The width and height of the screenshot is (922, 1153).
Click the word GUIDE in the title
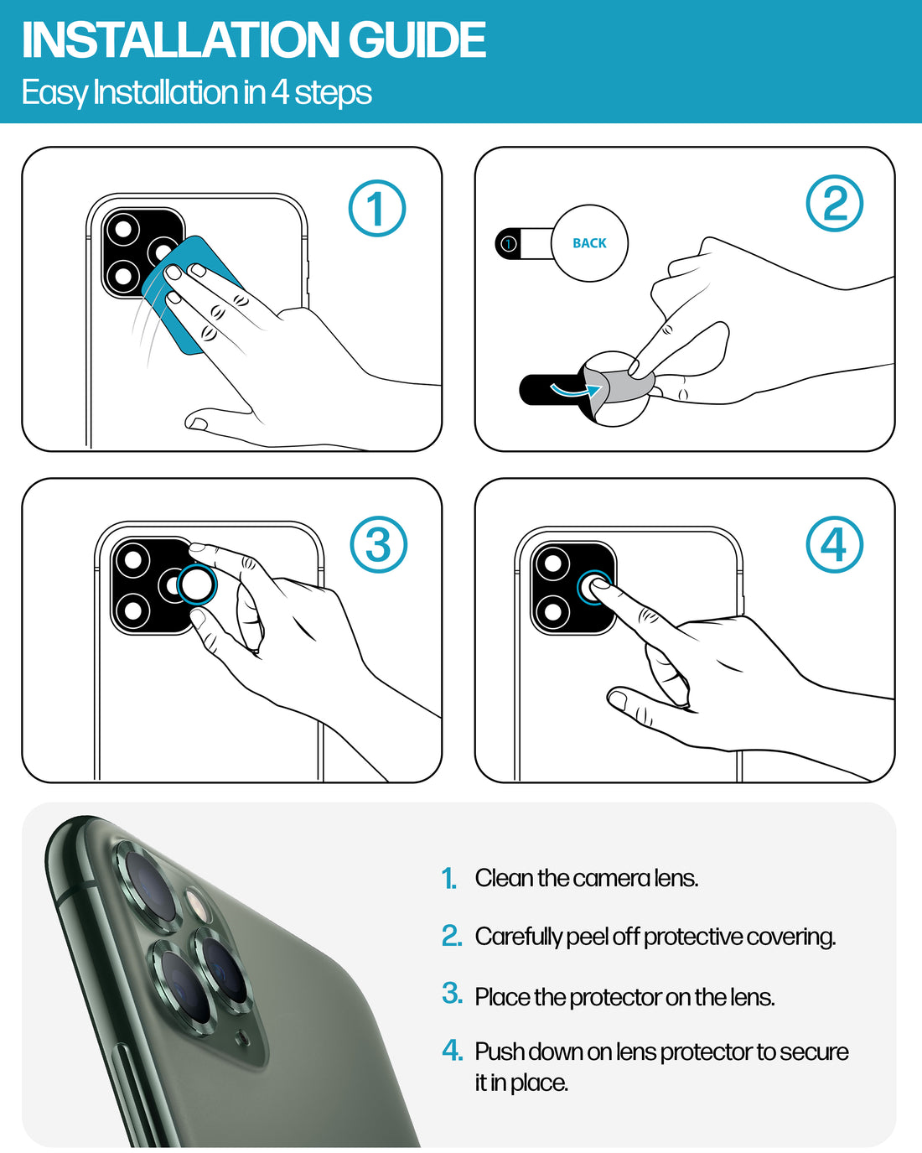[x=417, y=39]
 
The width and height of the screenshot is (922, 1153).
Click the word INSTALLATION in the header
[x=180, y=39]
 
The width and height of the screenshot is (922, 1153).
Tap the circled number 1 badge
[x=376, y=209]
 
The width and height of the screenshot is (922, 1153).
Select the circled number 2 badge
[x=834, y=204]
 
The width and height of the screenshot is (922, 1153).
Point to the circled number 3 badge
[x=378, y=544]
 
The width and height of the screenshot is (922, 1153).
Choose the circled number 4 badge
[x=834, y=544]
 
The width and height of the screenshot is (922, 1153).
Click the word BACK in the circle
[x=589, y=243]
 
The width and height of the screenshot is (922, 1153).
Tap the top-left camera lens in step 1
[x=122, y=230]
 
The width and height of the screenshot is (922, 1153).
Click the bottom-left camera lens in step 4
[x=552, y=610]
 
